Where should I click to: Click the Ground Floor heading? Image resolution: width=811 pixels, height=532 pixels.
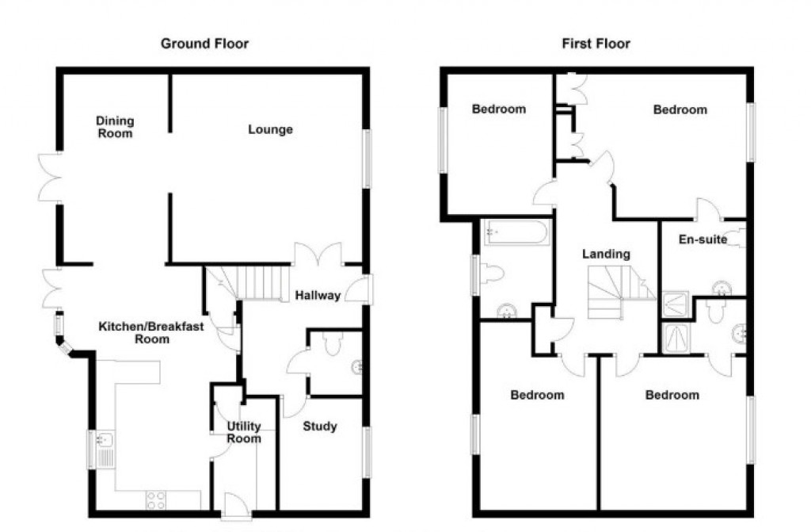click(x=204, y=43)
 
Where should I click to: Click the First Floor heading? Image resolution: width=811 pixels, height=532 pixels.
click(x=596, y=43)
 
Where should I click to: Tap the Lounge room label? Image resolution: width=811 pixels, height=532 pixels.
click(x=270, y=129)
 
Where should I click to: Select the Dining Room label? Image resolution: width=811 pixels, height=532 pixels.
click(x=115, y=127)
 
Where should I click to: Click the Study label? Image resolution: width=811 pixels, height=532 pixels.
click(x=319, y=427)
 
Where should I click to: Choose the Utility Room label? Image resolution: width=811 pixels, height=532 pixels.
click(x=244, y=432)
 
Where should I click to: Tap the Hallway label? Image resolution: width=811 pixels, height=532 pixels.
click(x=318, y=296)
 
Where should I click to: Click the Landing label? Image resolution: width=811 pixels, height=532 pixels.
click(x=606, y=255)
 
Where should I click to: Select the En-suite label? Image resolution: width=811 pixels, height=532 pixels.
click(x=702, y=239)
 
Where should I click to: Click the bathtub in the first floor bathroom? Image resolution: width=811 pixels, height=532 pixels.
click(x=516, y=233)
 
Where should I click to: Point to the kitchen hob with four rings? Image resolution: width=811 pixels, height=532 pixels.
click(x=156, y=500)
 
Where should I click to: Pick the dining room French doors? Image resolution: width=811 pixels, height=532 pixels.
click(x=50, y=176)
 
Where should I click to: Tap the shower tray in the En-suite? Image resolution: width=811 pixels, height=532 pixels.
click(x=676, y=301)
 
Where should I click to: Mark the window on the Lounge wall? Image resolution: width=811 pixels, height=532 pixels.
click(x=367, y=159)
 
